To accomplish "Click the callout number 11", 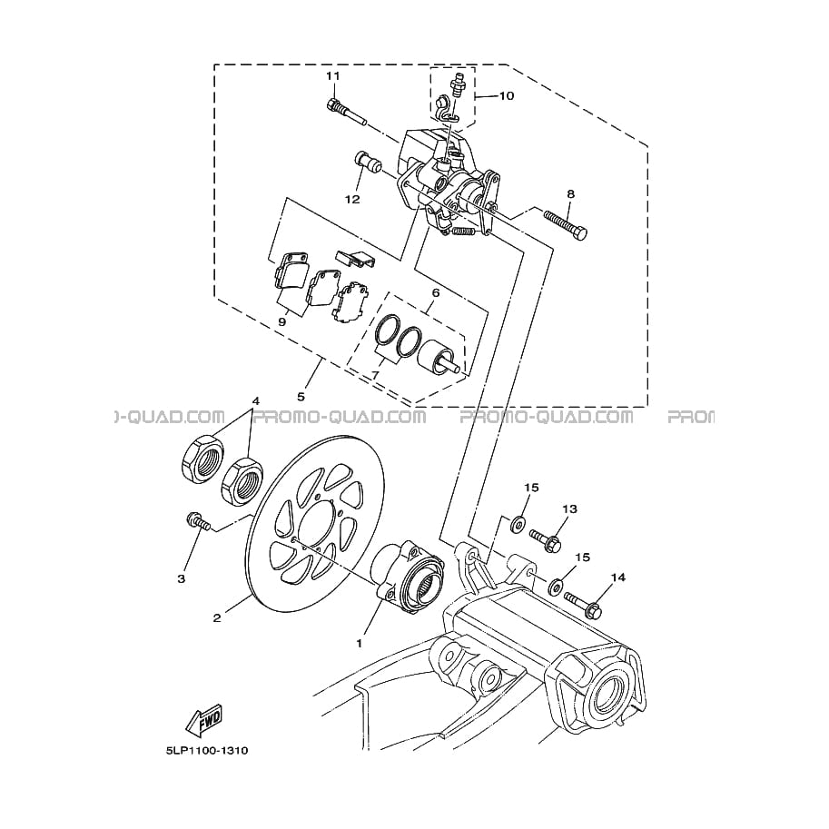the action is (x=332, y=76).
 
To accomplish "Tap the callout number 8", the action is (x=570, y=194).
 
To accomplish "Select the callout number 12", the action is (x=352, y=200).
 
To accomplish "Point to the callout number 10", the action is (x=506, y=95).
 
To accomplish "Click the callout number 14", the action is (x=618, y=577).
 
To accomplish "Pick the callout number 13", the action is (x=570, y=509).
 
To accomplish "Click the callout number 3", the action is (x=182, y=579).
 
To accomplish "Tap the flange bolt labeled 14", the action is (x=583, y=605).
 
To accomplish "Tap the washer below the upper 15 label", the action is (x=518, y=523).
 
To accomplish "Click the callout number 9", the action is (x=281, y=321).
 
